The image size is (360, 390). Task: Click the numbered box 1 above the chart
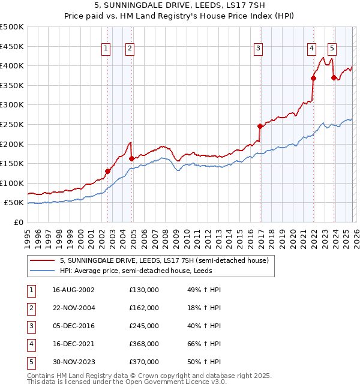(x=106, y=49)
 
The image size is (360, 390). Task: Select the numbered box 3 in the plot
(x=258, y=49)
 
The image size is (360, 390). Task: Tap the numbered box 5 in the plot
(x=332, y=49)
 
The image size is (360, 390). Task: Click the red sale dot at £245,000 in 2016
(x=260, y=126)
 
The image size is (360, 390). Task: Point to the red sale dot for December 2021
(x=313, y=78)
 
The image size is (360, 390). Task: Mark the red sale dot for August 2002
(x=108, y=171)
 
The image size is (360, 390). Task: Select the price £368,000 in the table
(x=144, y=344)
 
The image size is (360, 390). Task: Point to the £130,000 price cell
(x=144, y=290)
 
